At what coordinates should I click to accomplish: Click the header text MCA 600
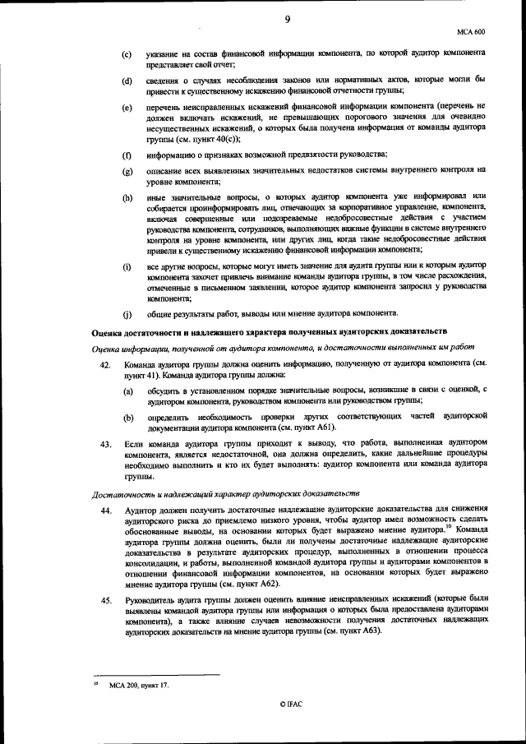[x=471, y=32]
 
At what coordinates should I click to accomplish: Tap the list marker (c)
[x=127, y=54]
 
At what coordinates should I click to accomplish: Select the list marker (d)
[x=127, y=81]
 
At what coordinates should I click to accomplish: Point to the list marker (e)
[x=127, y=108]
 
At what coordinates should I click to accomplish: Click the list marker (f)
[x=127, y=155]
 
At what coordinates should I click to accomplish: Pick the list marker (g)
[x=127, y=171]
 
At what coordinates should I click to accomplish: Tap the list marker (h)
[x=127, y=197]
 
